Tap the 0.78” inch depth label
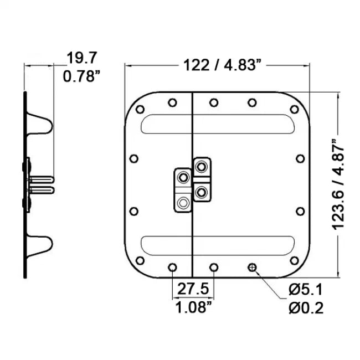coord(81,76)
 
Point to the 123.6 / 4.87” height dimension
coord(339,185)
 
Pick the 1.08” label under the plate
coord(192,308)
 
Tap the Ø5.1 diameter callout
coord(306,290)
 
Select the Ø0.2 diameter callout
coord(306,308)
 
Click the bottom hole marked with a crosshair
coord(253,268)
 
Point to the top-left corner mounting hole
coord(140,110)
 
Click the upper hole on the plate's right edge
coord(300,159)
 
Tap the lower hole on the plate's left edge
coord(133,211)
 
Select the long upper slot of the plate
coord(217,124)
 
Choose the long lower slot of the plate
coord(217,244)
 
